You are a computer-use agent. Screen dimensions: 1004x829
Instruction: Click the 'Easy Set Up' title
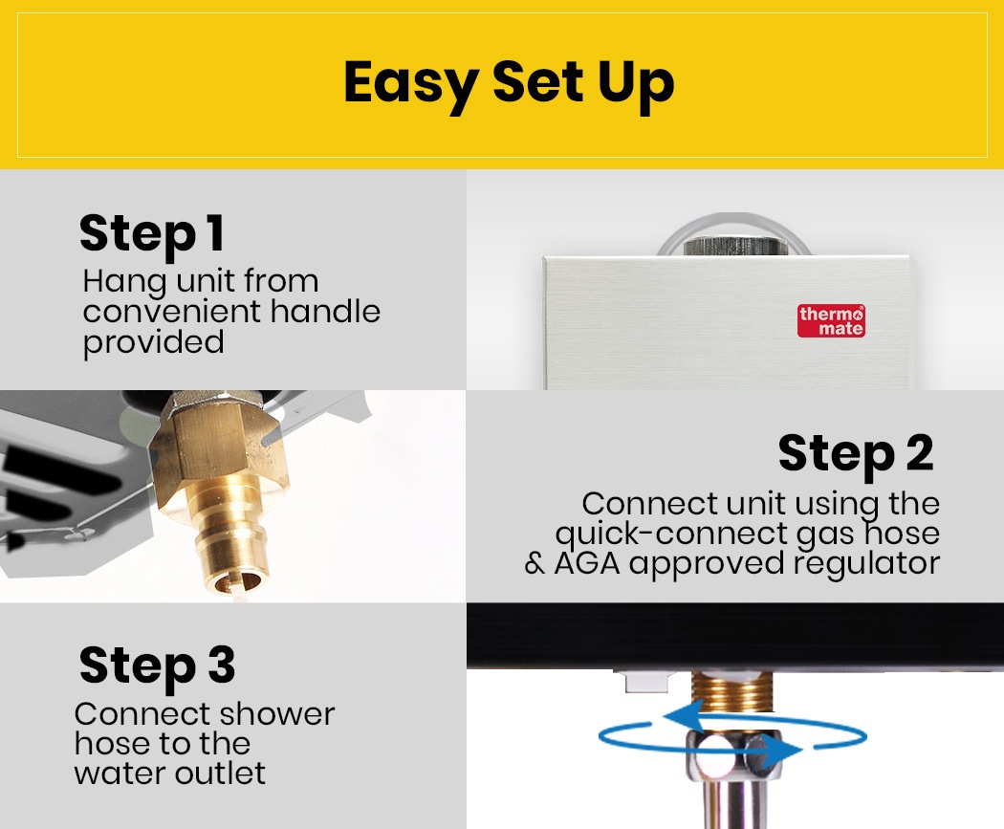point(509,84)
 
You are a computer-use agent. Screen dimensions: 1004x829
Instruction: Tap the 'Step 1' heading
point(152,234)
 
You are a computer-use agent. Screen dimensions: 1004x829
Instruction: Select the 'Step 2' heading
point(856,454)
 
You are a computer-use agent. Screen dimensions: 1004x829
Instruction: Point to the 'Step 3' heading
point(158,666)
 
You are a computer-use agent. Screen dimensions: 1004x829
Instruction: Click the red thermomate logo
point(831,320)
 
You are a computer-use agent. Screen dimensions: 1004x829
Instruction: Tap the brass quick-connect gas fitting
point(221,494)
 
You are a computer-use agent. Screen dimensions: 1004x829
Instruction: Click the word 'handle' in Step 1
point(325,312)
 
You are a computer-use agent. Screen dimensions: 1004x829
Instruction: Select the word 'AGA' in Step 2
point(587,564)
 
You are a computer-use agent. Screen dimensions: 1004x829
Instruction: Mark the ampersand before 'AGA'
point(534,564)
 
